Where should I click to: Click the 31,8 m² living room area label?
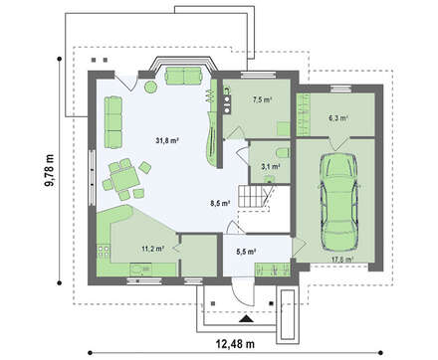coord(167,140)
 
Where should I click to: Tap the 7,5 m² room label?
coord(262,99)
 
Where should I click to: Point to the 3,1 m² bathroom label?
coord(270,166)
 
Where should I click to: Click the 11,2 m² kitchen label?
coord(153,249)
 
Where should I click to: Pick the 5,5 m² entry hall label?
coord(246,252)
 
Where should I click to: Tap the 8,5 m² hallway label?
coord(220,203)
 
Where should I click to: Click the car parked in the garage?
coord(338,202)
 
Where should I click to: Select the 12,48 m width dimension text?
coord(235,344)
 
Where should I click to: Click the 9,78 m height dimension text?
coord(50,171)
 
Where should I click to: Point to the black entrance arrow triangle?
coord(246,319)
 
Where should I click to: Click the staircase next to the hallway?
coord(254,196)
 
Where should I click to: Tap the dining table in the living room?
coord(124,179)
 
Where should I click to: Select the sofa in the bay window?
coord(183,76)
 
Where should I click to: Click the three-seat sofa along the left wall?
coord(113,122)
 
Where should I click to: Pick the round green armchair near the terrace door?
coord(150,88)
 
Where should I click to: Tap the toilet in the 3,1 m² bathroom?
coord(282,153)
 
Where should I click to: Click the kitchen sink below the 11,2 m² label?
coord(140,269)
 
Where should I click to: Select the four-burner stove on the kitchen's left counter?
coord(104,251)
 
